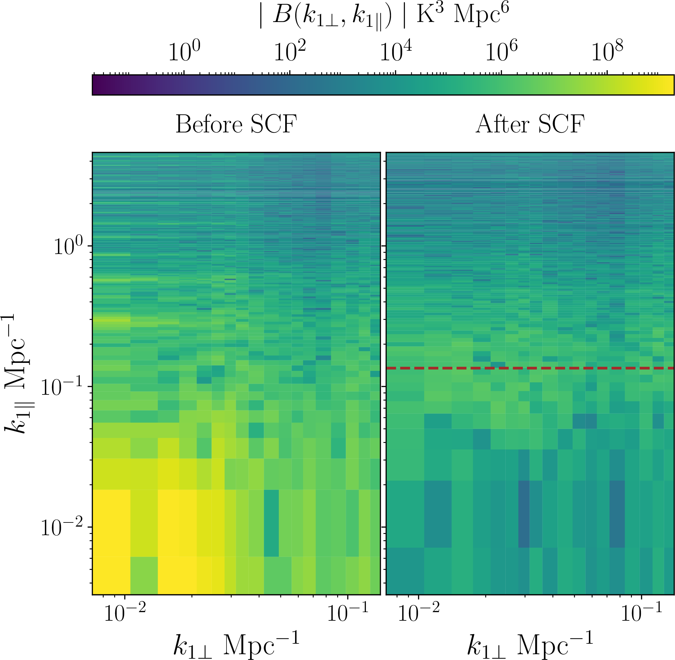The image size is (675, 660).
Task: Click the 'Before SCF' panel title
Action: pos(236,124)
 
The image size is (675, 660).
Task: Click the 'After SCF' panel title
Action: pos(530,124)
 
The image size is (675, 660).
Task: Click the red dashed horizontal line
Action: pos(530,368)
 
